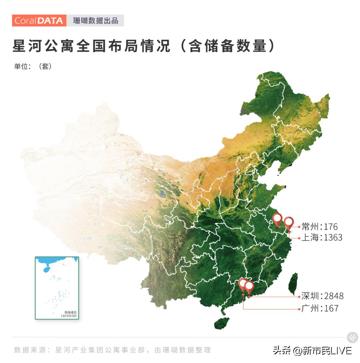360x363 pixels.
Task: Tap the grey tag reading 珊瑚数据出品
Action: click(x=95, y=21)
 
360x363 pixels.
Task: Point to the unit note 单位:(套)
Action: click(x=33, y=66)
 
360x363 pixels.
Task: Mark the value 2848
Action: click(x=334, y=296)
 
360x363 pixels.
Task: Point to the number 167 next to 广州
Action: click(x=331, y=308)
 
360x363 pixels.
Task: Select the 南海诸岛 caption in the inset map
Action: click(x=70, y=312)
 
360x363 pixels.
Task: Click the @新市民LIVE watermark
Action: click(x=322, y=350)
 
